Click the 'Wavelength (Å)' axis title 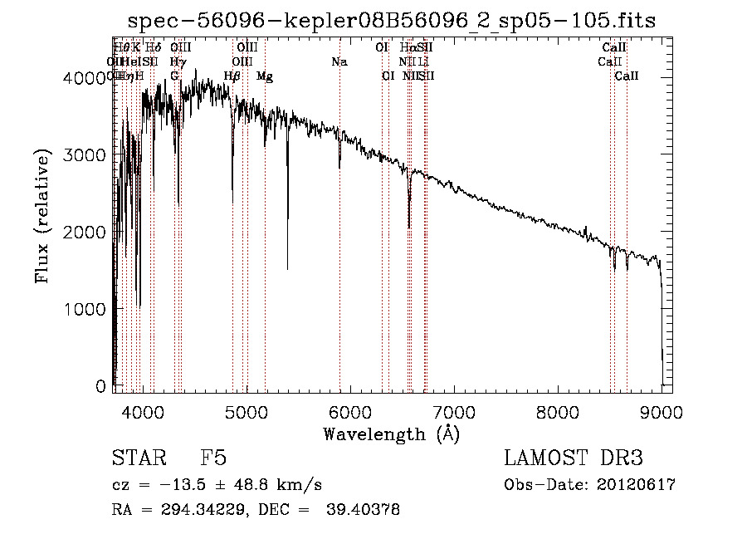point(391,434)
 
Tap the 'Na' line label point(339,62)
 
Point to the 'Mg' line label point(264,76)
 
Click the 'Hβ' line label point(232,76)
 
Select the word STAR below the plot point(138,459)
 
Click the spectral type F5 point(213,459)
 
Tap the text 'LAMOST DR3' point(574,459)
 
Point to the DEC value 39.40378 point(365,509)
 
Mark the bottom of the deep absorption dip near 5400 point(288,269)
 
